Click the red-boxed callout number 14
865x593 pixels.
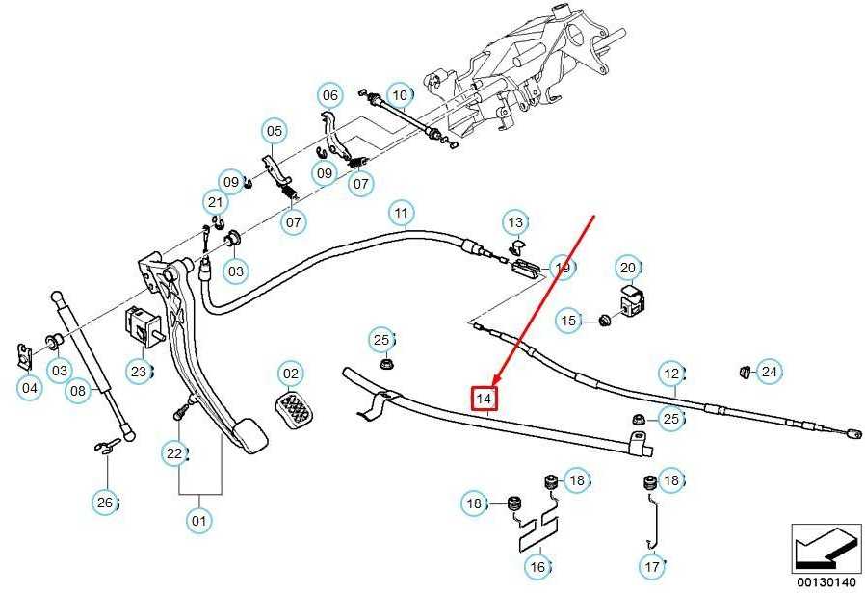pos(484,399)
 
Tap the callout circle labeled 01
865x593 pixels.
pos(198,520)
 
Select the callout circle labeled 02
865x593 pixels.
pos(291,374)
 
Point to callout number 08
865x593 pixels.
pos(78,391)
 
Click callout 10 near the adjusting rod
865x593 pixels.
pos(400,95)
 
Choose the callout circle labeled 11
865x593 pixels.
pos(401,213)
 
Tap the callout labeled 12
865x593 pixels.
pos(672,374)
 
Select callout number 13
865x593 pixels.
pos(515,222)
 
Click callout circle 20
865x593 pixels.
pos(628,268)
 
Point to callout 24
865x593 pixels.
pos(769,372)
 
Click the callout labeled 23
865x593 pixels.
pos(139,372)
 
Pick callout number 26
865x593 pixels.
pos(105,503)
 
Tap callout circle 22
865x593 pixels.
pos(174,453)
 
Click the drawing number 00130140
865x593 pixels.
pos(826,582)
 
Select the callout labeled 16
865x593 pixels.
pos(537,567)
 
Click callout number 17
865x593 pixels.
pos(652,567)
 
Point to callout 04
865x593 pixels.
pos(29,388)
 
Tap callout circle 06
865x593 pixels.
pos(329,95)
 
